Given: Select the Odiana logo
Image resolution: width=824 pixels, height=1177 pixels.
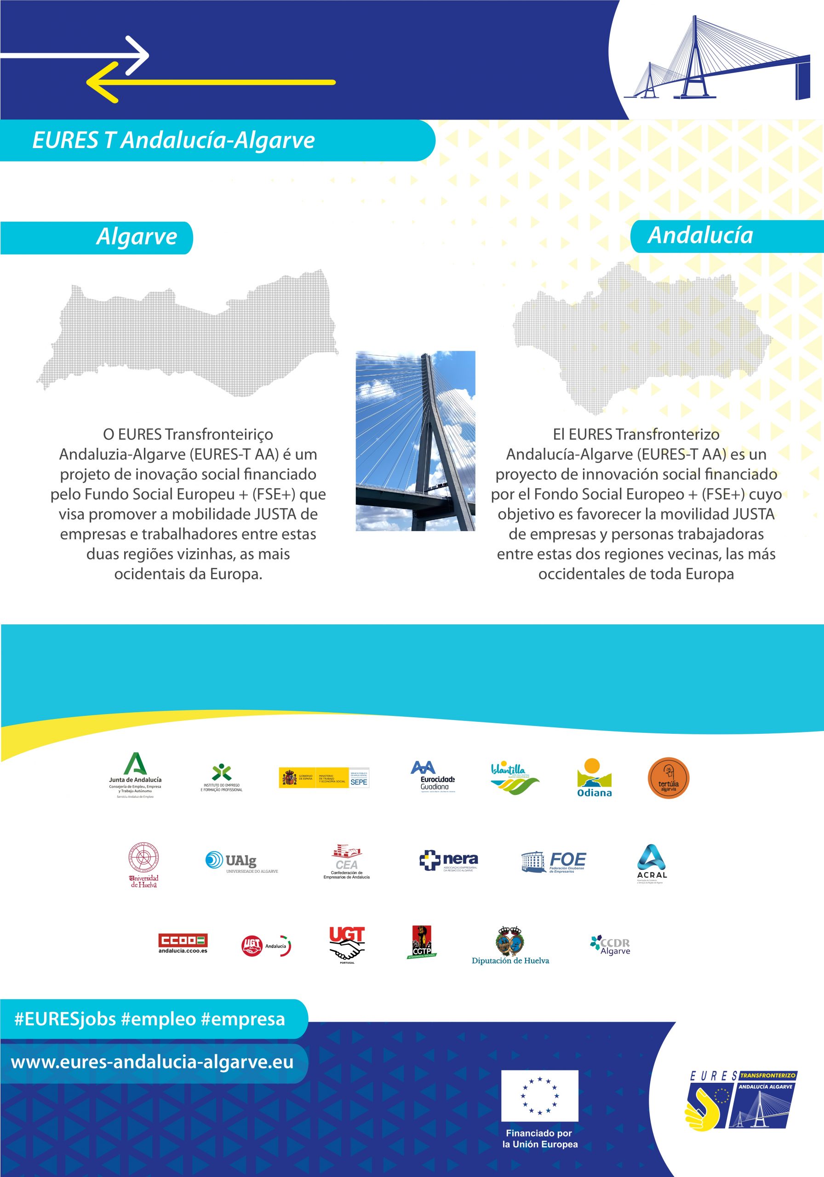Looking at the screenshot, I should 594,777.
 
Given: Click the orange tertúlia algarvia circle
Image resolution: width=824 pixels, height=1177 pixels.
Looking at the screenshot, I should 668,777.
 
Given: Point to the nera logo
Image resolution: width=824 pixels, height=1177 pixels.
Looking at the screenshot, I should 449,861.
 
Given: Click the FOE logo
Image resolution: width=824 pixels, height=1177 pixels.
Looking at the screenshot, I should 554,862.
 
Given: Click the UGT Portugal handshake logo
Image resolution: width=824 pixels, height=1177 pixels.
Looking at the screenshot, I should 347,945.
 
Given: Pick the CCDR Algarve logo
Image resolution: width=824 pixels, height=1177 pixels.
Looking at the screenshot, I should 610,946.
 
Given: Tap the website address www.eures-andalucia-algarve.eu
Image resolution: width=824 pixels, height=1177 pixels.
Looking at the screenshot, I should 152,1062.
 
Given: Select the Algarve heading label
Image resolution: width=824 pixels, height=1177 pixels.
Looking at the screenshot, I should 137,237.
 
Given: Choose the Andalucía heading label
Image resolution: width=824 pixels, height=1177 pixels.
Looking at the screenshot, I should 700,235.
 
